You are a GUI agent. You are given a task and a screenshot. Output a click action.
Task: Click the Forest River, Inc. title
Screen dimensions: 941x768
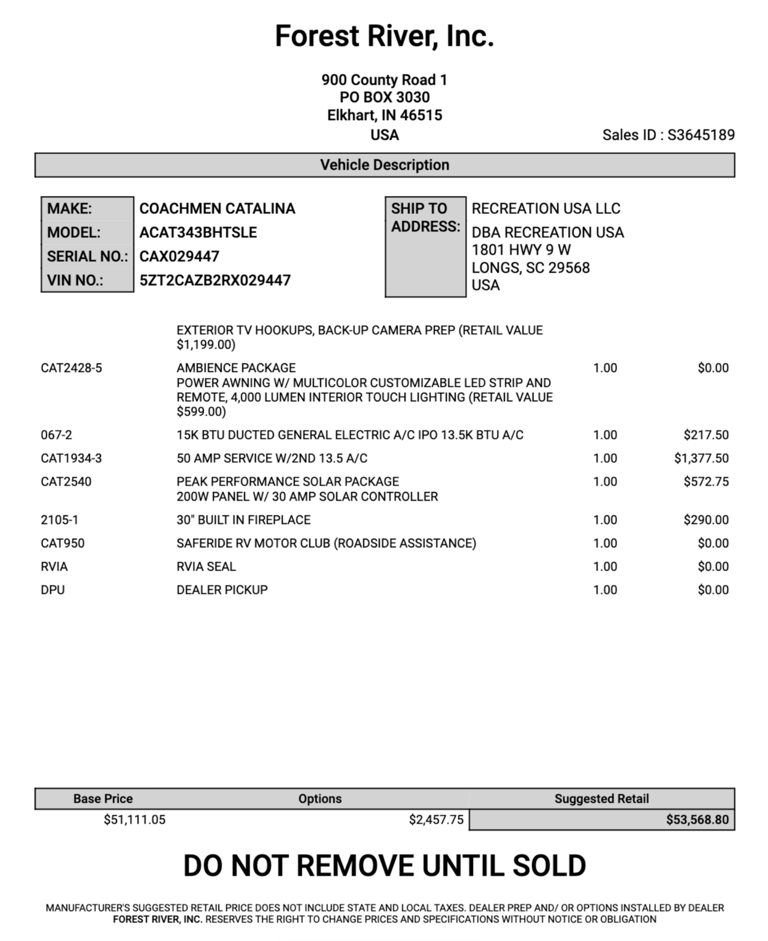tap(384, 36)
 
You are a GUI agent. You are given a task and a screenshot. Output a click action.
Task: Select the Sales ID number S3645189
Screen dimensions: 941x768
tap(701, 135)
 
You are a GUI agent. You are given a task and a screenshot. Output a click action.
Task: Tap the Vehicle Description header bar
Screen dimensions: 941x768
tap(384, 165)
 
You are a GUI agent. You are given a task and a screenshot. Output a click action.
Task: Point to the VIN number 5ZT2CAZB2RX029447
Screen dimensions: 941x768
tap(215, 281)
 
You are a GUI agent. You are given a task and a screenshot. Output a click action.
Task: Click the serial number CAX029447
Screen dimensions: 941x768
tap(179, 257)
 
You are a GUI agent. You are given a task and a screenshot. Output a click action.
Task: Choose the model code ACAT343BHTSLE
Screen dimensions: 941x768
tap(198, 233)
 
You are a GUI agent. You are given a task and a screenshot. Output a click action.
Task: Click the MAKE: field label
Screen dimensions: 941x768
tap(70, 209)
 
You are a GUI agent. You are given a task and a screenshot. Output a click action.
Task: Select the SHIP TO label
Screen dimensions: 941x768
tap(419, 209)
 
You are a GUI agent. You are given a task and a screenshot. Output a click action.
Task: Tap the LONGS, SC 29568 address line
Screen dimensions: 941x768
tap(530, 268)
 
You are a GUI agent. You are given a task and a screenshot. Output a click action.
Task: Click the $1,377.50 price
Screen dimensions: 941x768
tap(701, 458)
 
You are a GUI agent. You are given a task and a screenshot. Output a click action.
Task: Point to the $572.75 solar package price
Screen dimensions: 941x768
tap(706, 482)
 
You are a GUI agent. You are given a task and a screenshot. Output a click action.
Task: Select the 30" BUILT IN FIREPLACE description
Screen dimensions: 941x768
tap(243, 520)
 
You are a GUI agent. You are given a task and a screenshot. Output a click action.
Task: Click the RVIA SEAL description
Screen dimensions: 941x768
tap(206, 567)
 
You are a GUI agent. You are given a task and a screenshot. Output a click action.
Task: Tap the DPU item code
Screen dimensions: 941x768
tap(53, 590)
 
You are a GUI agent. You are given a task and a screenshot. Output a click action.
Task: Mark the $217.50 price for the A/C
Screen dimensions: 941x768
tap(706, 435)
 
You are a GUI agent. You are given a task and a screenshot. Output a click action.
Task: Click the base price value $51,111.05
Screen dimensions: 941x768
tap(134, 820)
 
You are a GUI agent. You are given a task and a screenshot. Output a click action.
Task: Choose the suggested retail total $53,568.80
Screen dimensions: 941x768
tap(698, 820)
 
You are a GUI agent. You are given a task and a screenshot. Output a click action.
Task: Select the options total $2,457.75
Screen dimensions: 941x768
tap(436, 820)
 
